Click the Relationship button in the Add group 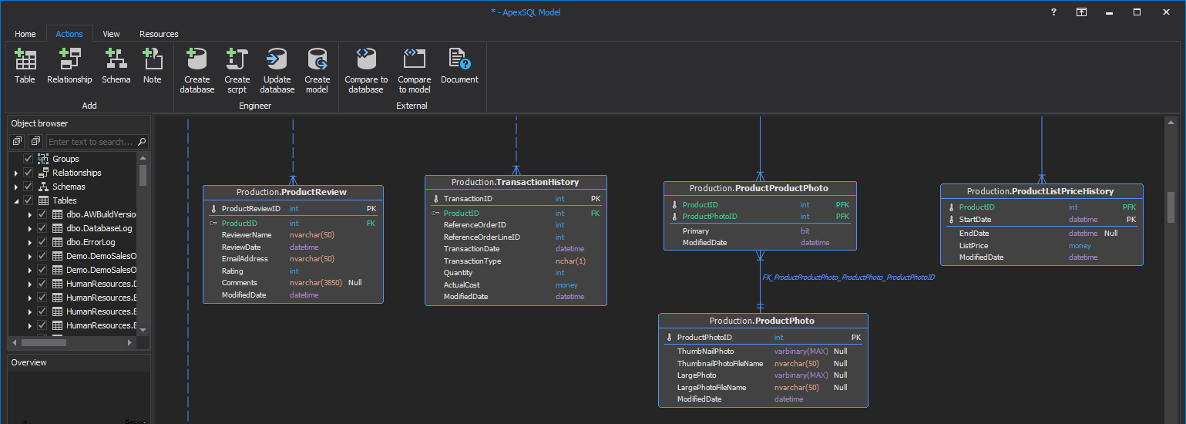pos(69,66)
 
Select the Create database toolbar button pos(197,70)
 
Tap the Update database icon pos(277,70)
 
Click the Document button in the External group pos(459,66)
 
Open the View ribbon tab pos(111,34)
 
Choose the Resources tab pos(159,34)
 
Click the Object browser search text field pos(91,142)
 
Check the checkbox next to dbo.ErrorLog pos(42,242)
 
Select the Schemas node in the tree pos(69,187)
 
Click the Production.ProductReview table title pos(292,192)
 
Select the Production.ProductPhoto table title pos(762,321)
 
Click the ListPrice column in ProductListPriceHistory pos(973,245)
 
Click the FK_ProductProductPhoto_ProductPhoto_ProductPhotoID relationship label pos(848,277)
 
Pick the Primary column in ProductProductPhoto pos(695,231)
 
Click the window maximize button pos(1137,12)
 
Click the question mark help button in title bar pos(1053,12)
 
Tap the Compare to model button pos(414,70)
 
